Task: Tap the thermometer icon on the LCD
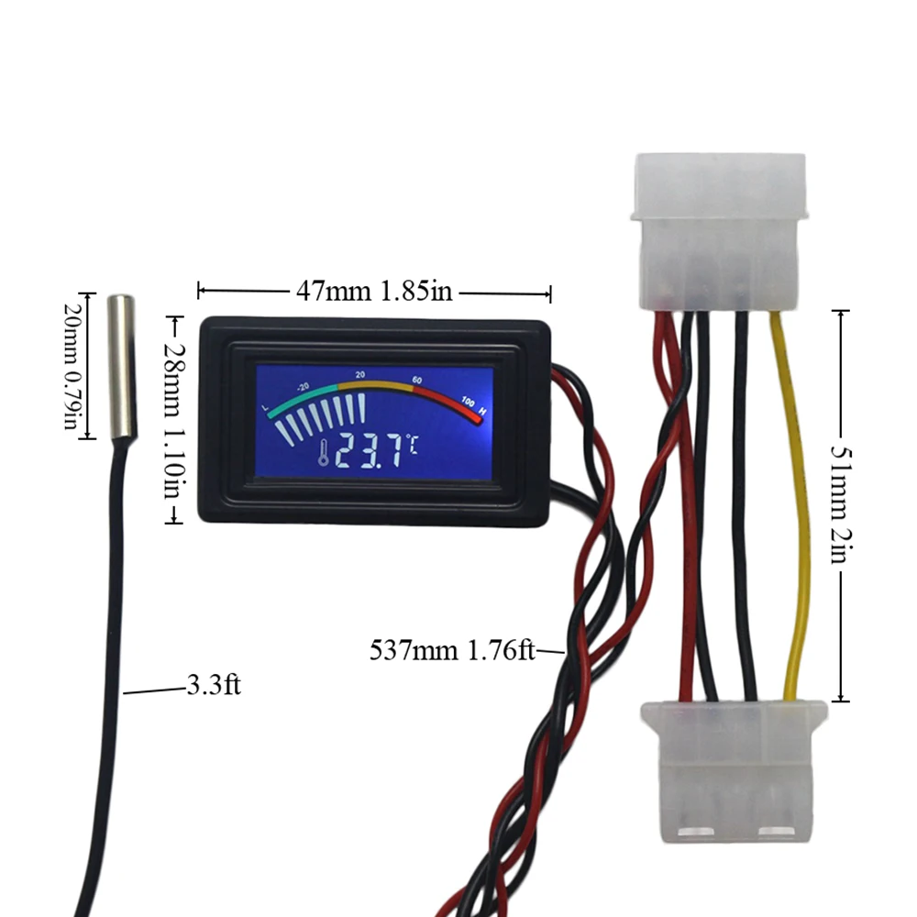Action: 324,452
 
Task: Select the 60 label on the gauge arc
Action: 417,380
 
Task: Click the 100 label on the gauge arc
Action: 467,401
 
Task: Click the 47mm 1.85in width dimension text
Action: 374,292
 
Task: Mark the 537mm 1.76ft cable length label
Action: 452,651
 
